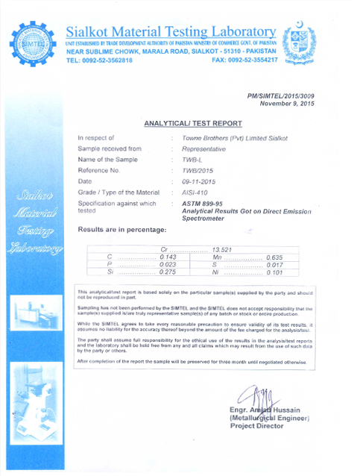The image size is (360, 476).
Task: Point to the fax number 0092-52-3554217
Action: (x=245, y=60)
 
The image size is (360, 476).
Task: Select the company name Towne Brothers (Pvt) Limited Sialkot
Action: (x=235, y=138)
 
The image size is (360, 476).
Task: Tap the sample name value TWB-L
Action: (x=192, y=160)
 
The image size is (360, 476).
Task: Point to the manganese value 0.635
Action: (x=277, y=257)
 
